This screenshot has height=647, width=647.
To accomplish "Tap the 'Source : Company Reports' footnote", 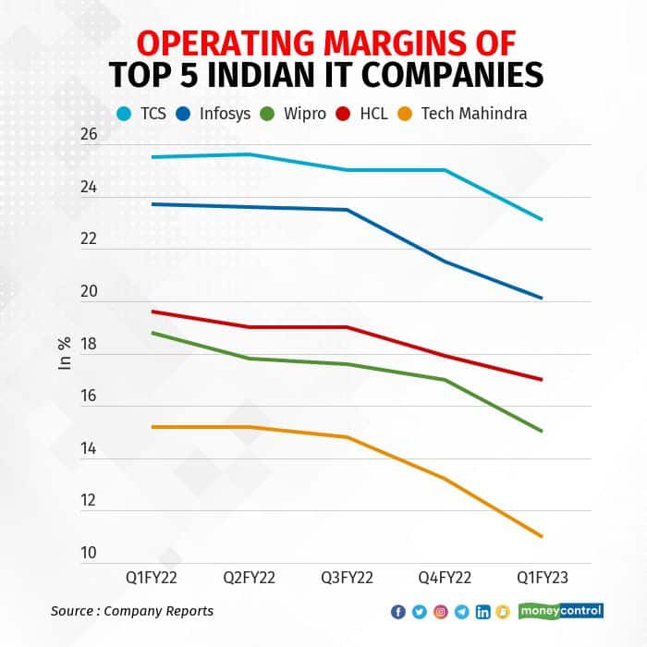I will coord(132,611).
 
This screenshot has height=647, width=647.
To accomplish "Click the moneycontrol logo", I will coord(561,611).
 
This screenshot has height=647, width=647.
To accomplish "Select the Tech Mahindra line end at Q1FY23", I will coord(542,536).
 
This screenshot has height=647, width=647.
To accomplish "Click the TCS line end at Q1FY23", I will coord(542,219).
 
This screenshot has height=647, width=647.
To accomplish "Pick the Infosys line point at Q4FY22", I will coord(445,262).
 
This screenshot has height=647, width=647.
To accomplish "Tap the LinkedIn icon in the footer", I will coord(482,612).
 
